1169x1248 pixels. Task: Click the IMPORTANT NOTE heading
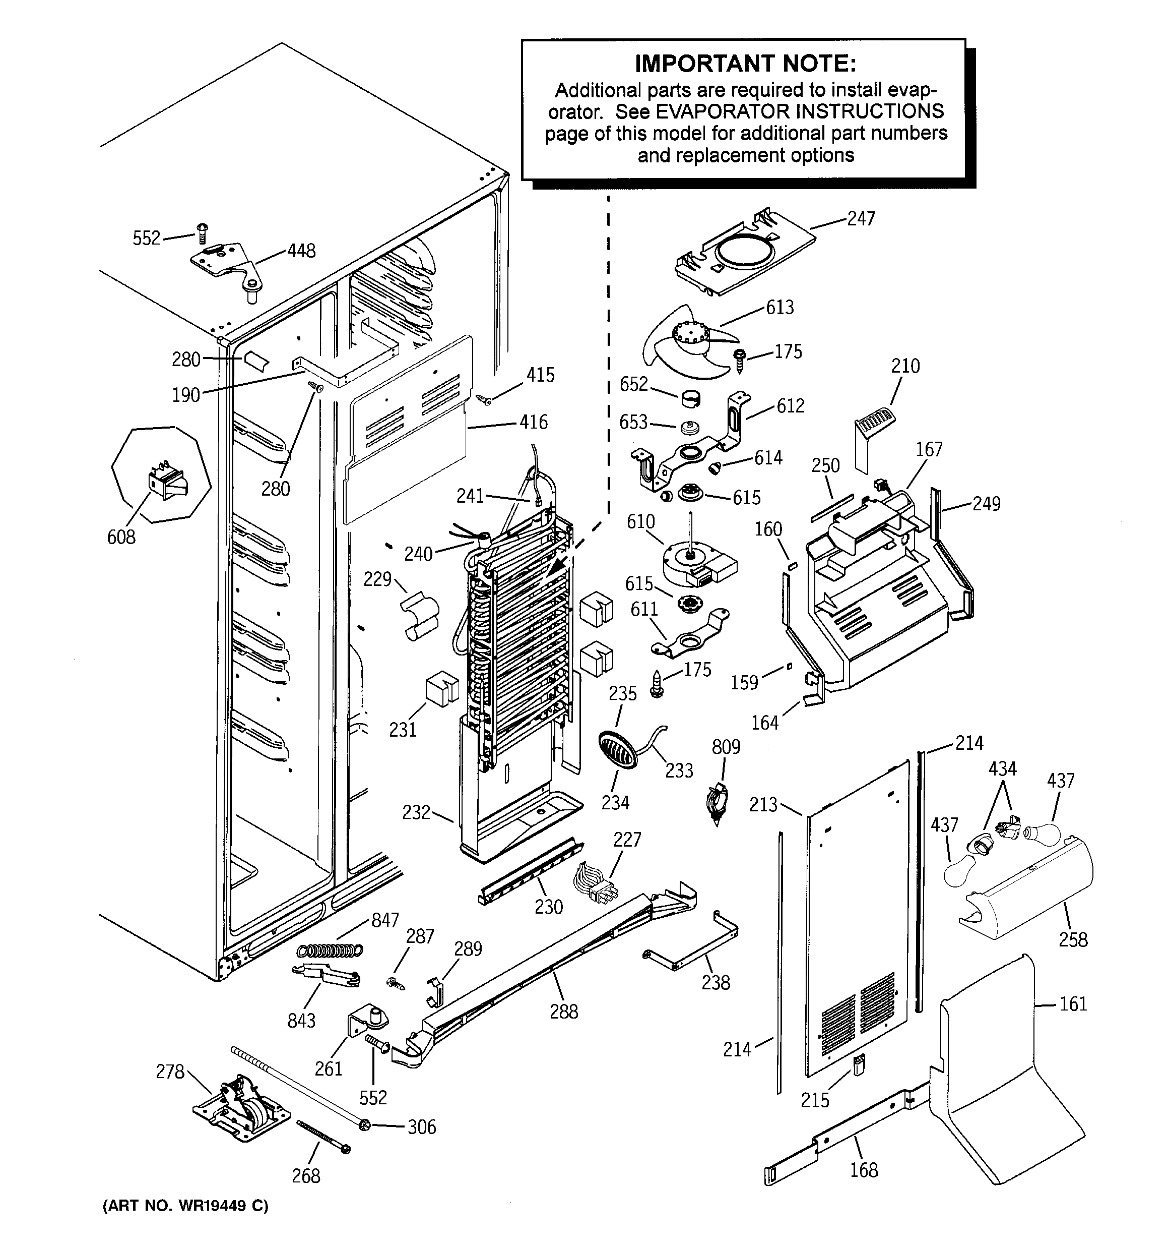click(745, 64)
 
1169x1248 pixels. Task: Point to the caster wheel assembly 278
click(241, 1114)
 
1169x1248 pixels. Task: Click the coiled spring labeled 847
click(330, 950)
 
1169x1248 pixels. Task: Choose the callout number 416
click(534, 422)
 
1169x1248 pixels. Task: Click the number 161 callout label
click(1073, 1004)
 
